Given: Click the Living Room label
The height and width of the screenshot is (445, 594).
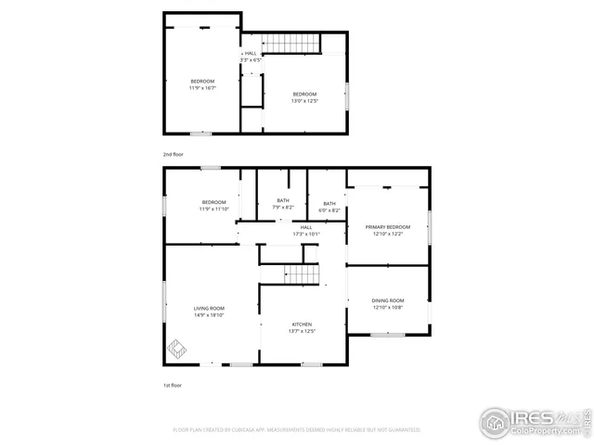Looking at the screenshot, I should (x=209, y=309).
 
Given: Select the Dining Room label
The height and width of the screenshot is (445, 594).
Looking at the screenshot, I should (x=388, y=300).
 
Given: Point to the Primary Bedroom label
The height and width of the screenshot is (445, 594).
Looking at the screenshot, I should (x=387, y=226).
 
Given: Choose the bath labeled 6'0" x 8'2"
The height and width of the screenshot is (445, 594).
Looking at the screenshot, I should (x=329, y=204).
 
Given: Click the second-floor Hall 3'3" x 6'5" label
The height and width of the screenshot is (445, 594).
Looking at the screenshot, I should (x=251, y=54).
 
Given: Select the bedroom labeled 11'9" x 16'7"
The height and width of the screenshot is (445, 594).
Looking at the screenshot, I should (x=202, y=82).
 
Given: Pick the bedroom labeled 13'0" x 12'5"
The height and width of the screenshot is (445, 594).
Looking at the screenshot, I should (x=305, y=95).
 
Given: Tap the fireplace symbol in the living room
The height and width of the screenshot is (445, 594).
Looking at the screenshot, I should (x=176, y=350).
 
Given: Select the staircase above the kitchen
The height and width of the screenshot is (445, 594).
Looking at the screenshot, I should (x=302, y=273).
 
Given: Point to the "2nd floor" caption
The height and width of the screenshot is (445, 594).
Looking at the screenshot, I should (x=174, y=155).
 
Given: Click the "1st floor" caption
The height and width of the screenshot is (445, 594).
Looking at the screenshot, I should (x=173, y=384).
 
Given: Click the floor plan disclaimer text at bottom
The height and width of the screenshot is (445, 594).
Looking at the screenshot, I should (x=297, y=430).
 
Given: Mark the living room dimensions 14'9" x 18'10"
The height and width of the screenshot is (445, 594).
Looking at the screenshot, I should (x=209, y=315).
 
